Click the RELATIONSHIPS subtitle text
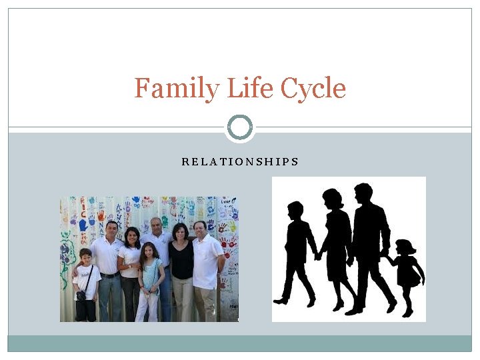pos(240,162)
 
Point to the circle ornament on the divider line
pos(240,127)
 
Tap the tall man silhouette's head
pos(363,194)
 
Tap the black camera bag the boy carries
pos(81,295)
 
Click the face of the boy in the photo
pos(85,257)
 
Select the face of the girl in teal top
pos(149,251)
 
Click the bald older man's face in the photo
pos(156,226)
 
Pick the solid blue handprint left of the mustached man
pos(83,225)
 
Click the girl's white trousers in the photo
pos(147,307)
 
